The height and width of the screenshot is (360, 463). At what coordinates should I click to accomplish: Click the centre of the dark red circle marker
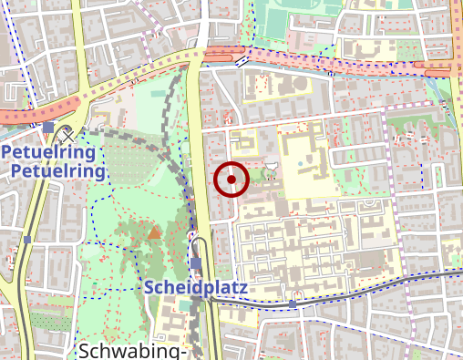coord(231,180)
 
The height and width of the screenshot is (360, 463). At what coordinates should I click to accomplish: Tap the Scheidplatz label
coord(196,288)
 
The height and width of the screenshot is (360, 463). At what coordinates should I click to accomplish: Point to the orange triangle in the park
coord(154,232)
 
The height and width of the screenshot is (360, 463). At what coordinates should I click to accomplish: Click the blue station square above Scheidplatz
coord(196,264)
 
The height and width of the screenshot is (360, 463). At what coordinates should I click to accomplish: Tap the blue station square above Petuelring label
coord(48,127)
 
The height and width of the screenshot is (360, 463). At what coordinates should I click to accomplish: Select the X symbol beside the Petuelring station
coord(68,135)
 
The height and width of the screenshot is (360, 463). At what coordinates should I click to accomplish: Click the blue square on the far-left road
coord(27,240)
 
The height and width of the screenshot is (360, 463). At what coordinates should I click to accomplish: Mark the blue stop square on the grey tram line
coord(293,302)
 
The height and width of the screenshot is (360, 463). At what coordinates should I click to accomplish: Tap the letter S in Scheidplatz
coord(150,288)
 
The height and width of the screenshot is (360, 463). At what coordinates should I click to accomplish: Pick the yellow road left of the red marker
coord(197,182)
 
